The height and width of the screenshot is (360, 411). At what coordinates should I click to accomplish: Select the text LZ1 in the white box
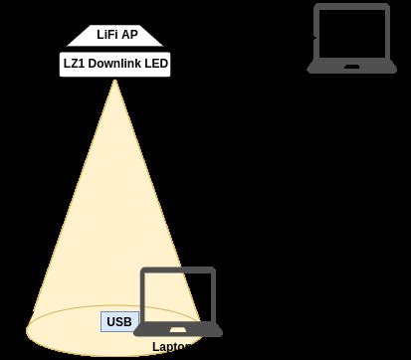(74, 65)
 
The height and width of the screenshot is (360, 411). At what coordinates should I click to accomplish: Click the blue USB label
(118, 322)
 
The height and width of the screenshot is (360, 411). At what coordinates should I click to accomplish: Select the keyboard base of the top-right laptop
(351, 68)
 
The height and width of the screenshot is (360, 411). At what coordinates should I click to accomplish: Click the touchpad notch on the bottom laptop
(180, 327)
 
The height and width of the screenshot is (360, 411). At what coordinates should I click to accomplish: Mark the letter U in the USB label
(109, 322)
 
